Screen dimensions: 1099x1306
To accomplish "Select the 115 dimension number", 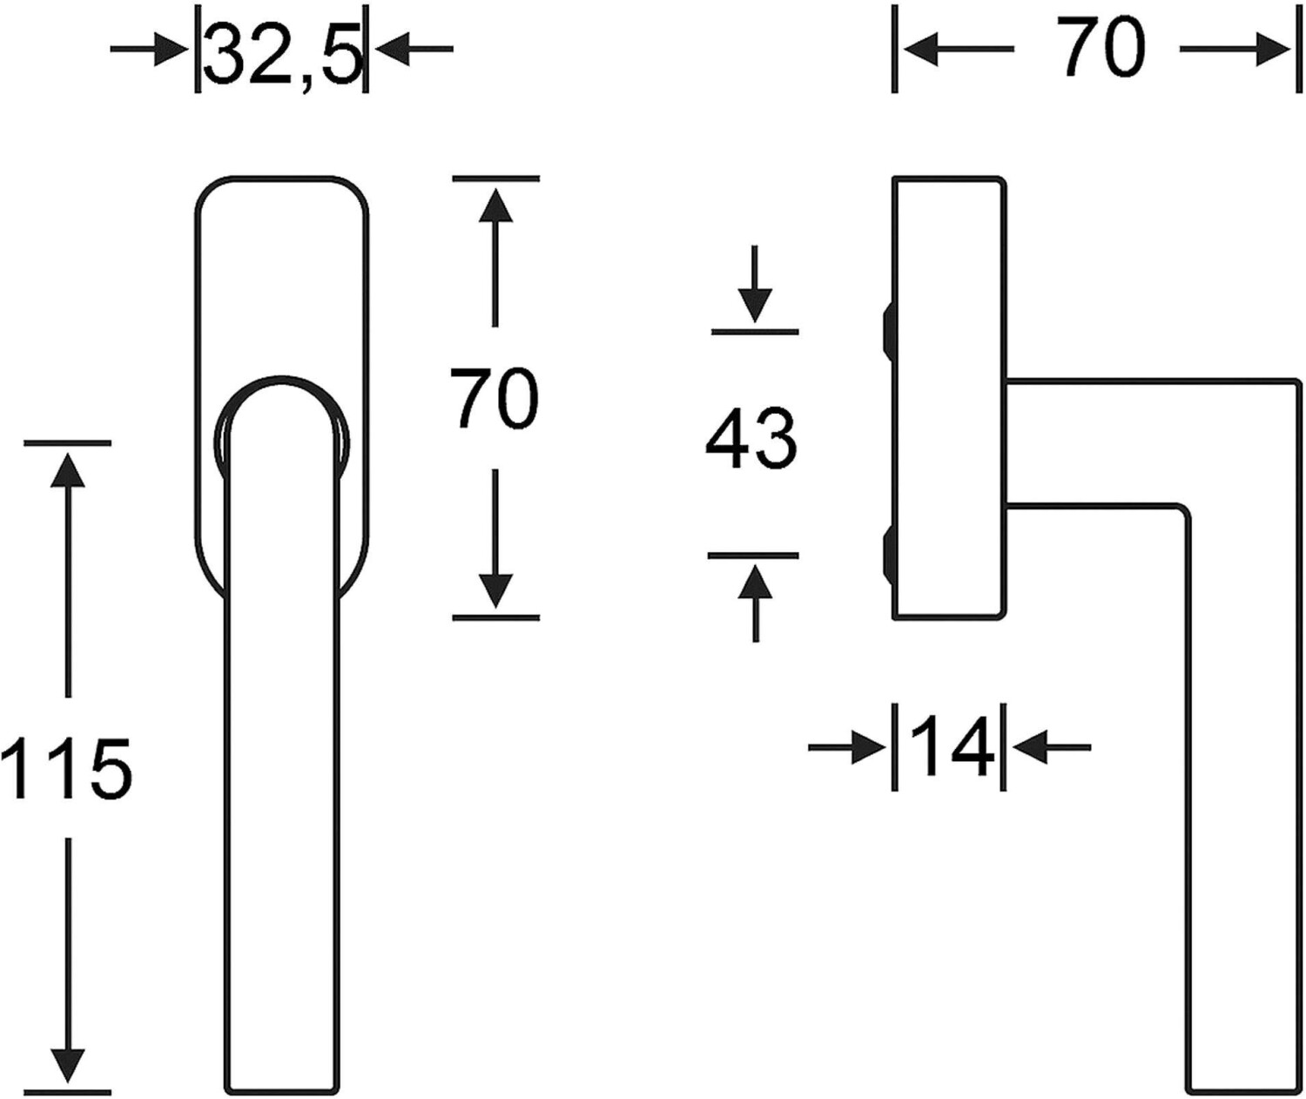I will pyautogui.click(x=66, y=769).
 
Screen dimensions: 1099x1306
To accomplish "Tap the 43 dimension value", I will pyautogui.click(x=751, y=441).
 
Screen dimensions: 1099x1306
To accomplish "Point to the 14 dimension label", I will pyautogui.click(x=950, y=746).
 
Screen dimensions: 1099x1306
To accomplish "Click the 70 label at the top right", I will pyautogui.click(x=1102, y=49).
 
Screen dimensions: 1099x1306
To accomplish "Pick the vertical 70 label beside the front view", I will pyautogui.click(x=495, y=399).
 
